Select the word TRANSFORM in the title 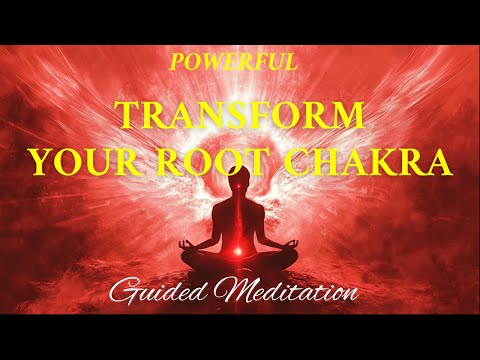240,118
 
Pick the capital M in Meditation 240,292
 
